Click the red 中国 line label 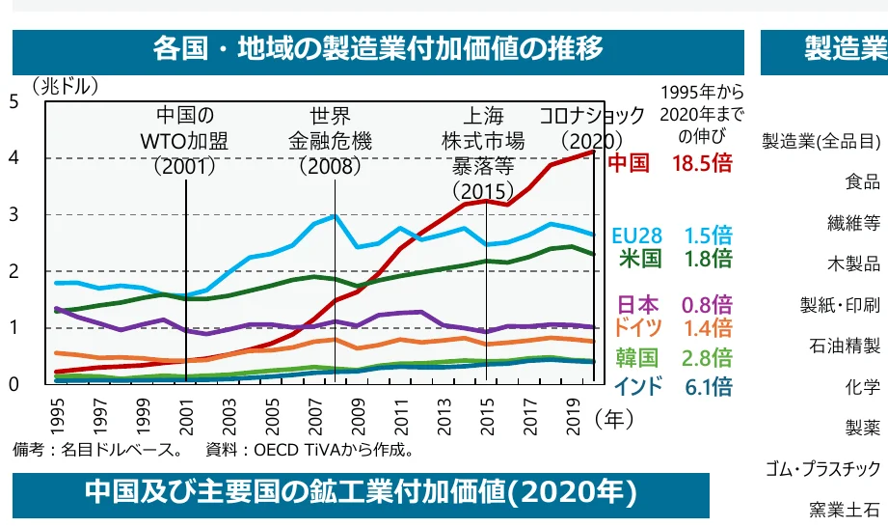(628, 162)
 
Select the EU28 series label (636, 236)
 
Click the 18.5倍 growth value (702, 162)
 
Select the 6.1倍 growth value (708, 387)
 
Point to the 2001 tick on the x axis (185, 412)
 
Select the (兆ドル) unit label (65, 86)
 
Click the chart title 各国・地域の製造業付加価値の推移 (378, 48)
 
